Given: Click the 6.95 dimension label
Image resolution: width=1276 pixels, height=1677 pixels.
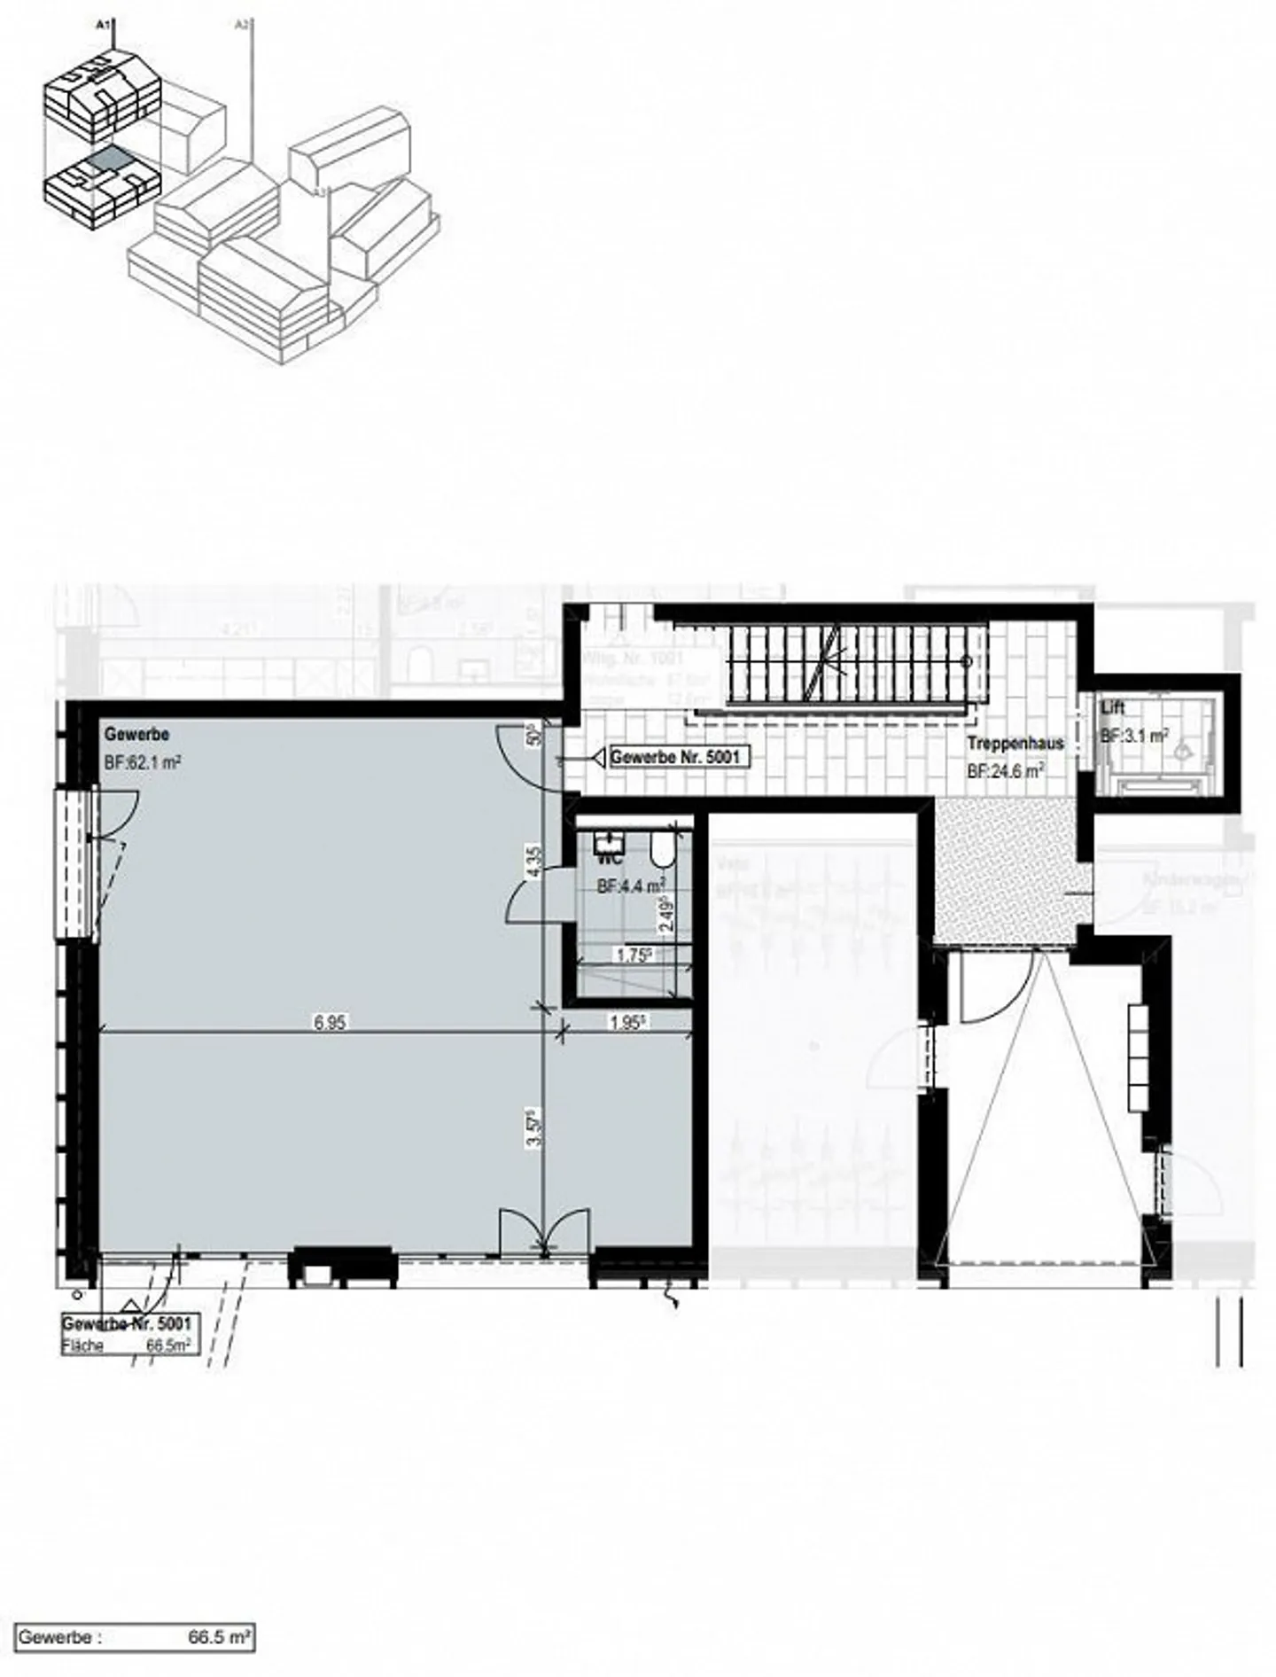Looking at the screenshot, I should coord(329,1022).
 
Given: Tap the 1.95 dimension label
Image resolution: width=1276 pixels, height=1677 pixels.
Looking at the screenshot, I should coord(626,1022).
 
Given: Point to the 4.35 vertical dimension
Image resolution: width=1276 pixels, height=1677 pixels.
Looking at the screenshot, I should coord(533,862).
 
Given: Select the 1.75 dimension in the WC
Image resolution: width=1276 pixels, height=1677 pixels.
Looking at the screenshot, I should coord(634,955).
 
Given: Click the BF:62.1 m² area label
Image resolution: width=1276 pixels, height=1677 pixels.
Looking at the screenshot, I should coord(143,760).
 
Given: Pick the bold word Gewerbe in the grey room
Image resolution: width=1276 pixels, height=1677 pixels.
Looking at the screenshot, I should coord(136,735).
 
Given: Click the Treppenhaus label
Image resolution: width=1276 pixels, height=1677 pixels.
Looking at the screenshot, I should coord(1015,744).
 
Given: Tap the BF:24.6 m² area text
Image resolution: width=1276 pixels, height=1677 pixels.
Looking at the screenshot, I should coord(1005,771).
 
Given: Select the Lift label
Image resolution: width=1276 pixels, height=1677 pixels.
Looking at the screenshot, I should coord(1112,709).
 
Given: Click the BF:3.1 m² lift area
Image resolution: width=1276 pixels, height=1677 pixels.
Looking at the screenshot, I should coord(1133,736).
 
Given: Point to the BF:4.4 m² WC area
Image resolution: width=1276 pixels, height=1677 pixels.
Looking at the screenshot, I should coord(631,885).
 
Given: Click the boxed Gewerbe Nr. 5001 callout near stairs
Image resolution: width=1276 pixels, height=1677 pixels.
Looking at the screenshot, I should coord(674,758).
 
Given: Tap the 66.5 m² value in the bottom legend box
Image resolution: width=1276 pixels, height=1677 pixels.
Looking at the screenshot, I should coord(220,1637).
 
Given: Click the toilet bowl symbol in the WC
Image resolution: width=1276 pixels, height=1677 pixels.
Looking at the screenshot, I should coord(660,852).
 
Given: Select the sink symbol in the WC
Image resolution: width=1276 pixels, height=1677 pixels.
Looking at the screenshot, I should coord(610,840).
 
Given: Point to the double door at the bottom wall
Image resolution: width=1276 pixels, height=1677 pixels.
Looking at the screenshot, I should coord(543,1232).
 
